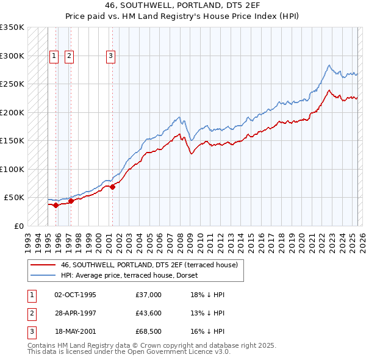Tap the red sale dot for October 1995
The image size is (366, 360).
tap(56, 205)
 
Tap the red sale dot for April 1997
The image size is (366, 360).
tap(71, 201)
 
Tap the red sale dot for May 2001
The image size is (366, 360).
tap(112, 187)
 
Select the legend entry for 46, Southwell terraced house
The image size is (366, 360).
tap(152, 265)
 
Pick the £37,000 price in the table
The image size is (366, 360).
tap(149, 295)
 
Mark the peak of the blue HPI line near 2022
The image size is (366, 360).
tap(329, 65)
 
